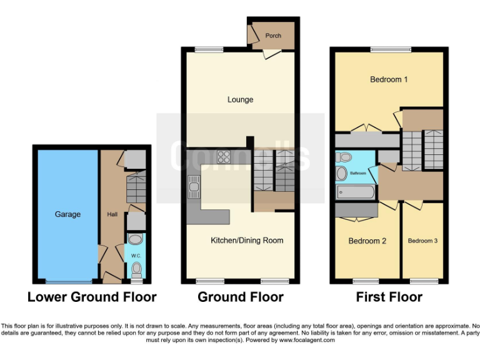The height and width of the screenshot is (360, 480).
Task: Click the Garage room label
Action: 67,214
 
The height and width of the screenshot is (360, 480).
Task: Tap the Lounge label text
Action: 240,99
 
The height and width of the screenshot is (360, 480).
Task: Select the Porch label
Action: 273,36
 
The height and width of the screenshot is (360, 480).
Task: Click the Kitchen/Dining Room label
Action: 247,240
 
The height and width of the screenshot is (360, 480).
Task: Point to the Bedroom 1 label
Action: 389,79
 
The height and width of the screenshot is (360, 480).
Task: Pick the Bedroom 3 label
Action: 423,241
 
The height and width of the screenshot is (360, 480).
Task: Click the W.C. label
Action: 136,256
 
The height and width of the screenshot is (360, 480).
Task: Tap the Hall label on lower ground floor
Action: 112,214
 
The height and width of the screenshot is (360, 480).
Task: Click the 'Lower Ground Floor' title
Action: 92,297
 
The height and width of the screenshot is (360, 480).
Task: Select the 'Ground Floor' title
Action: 241,297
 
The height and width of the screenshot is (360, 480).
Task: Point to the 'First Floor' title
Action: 389,297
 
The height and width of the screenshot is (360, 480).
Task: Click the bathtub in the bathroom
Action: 355,192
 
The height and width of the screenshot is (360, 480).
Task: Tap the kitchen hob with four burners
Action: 224,157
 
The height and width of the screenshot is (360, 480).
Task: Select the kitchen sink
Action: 193,185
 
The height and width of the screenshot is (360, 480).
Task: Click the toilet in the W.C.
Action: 136,269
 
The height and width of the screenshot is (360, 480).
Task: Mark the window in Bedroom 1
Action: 391,49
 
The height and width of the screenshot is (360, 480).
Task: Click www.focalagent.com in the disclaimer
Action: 306,340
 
